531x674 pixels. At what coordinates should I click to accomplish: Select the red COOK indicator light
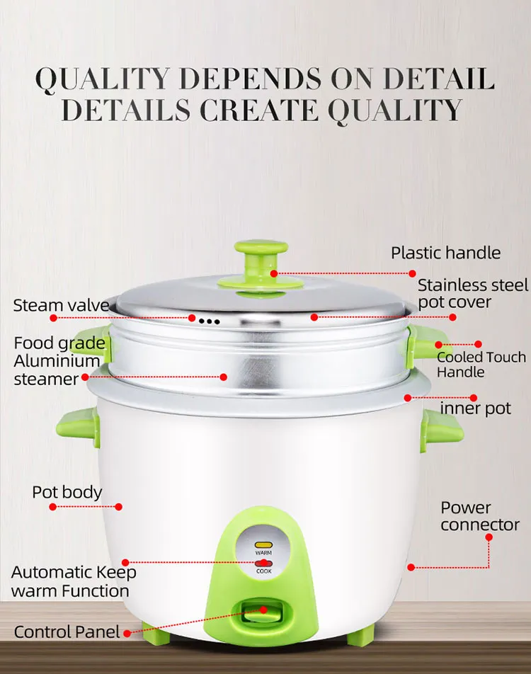pyautogui.click(x=263, y=563)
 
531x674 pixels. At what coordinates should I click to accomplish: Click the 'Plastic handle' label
pyautogui.click(x=445, y=253)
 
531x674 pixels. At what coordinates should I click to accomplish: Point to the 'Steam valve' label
pyautogui.click(x=61, y=306)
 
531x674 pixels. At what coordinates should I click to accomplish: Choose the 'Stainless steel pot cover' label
pyautogui.click(x=472, y=295)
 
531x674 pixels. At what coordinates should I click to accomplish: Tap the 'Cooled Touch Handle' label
pyautogui.click(x=481, y=365)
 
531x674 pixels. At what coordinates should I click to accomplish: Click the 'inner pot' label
pyautogui.click(x=475, y=409)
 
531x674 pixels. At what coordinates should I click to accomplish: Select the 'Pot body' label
pyautogui.click(x=67, y=492)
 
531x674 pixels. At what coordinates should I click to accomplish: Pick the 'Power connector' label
pyautogui.click(x=479, y=516)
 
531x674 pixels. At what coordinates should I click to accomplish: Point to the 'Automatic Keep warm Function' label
pyautogui.click(x=73, y=581)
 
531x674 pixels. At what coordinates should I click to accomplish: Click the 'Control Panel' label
pyautogui.click(x=68, y=632)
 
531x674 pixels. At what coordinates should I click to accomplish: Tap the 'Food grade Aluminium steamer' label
pyautogui.click(x=59, y=361)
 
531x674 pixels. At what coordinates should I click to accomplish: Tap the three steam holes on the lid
pyautogui.click(x=210, y=321)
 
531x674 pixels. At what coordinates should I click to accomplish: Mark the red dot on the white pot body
pyautogui.click(x=119, y=506)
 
